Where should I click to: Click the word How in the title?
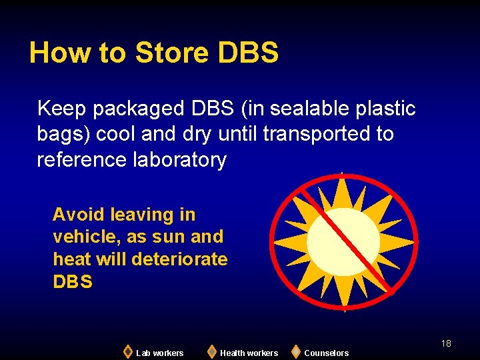coord(54,53)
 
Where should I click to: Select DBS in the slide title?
coord(248,53)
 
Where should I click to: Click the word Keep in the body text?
coord(62,108)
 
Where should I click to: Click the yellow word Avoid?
coord(79,215)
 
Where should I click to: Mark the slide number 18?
coord(446,343)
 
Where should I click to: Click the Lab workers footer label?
coord(159,353)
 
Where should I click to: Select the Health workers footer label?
coord(249,353)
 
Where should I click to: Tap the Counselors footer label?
coord(326,353)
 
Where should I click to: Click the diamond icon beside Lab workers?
coord(128,351)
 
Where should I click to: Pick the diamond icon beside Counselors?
coord(296,351)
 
